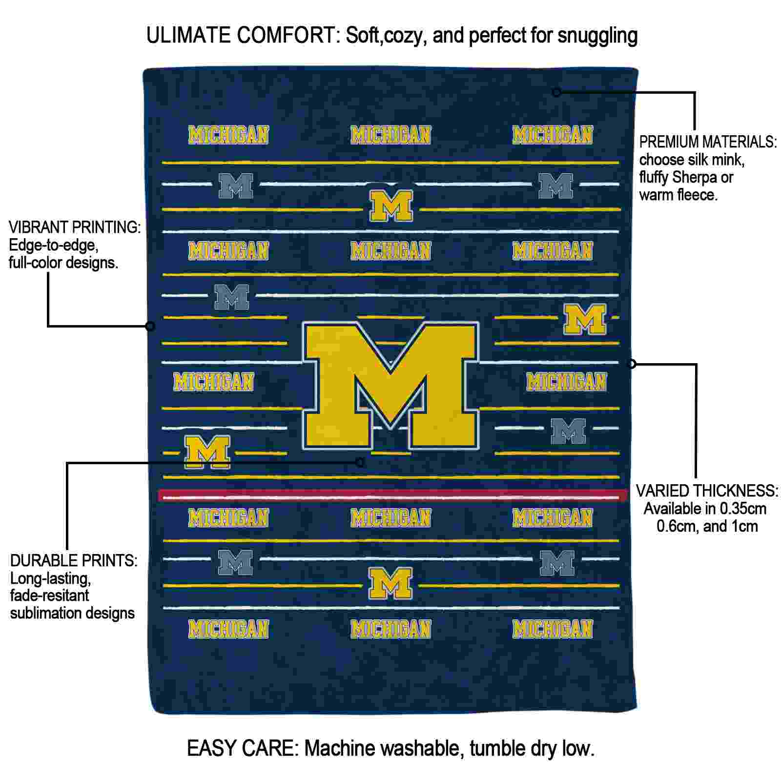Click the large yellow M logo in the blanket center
[390, 386]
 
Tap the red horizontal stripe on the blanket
[393, 496]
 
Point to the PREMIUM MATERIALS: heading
[708, 142]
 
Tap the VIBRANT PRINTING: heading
[75, 227]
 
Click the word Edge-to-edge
[54, 246]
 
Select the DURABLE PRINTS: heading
[74, 560]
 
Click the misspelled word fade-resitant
[50, 596]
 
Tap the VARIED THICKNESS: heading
[707, 491]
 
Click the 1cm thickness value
[744, 526]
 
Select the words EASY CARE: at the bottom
[243, 748]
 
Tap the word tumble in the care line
[491, 748]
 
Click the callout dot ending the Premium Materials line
[557, 92]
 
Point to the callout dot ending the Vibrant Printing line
[150, 326]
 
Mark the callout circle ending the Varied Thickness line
[632, 364]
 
